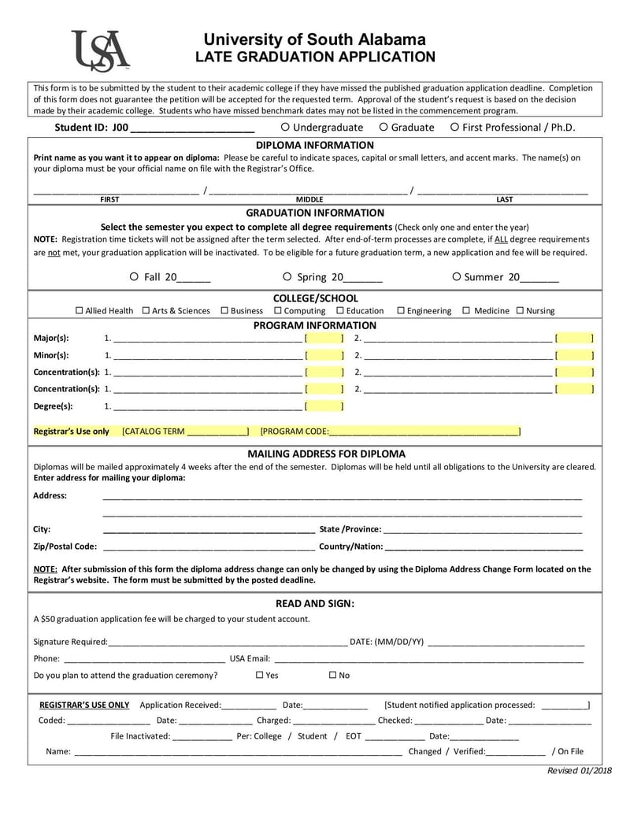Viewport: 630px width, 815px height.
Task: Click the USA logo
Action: click(x=100, y=50)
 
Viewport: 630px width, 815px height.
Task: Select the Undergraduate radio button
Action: click(x=285, y=127)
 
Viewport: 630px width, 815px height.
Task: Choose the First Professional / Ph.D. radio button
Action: click(x=455, y=127)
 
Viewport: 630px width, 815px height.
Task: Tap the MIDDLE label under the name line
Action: click(x=309, y=200)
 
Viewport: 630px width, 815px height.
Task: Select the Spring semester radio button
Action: click(x=287, y=276)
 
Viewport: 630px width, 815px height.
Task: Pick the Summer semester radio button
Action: click(x=457, y=276)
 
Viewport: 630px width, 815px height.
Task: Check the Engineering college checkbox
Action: click(x=401, y=311)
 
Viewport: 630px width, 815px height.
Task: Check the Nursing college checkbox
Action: click(x=520, y=311)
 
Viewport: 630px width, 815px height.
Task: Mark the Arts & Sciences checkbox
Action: click(x=146, y=311)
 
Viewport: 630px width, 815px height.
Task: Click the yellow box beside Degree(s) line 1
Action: click(x=324, y=406)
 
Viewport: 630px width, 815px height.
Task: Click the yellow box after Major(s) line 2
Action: click(x=574, y=339)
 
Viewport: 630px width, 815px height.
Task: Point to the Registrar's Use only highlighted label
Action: click(x=72, y=432)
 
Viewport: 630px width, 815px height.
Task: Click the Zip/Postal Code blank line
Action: click(x=209, y=546)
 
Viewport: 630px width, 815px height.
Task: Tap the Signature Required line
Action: click(x=228, y=642)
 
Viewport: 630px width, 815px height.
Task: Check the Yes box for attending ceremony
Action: click(x=260, y=676)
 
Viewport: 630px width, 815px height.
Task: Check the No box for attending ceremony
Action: click(x=332, y=676)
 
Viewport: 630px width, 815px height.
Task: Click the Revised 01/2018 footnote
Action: click(x=579, y=770)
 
